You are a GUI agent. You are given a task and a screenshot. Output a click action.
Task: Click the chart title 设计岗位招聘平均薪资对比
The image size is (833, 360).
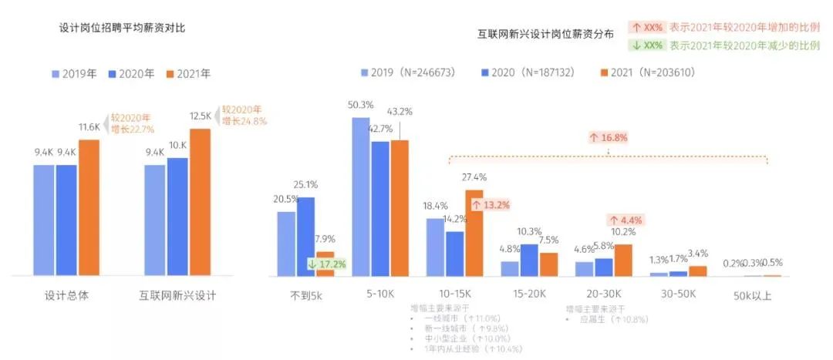(122, 28)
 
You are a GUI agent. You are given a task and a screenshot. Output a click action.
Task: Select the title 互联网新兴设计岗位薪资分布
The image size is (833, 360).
(546, 33)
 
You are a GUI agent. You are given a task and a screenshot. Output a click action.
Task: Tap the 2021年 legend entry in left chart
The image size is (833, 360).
(187, 74)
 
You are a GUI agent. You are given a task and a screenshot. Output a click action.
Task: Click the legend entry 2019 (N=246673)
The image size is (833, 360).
(408, 72)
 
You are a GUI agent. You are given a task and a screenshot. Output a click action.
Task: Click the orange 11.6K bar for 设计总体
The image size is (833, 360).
(89, 207)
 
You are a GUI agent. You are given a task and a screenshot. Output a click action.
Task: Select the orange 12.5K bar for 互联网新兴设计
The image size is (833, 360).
(200, 201)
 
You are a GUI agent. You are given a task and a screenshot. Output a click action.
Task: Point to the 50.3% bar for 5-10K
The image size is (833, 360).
(361, 197)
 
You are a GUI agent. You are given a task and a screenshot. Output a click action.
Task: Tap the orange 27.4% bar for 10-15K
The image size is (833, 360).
(474, 233)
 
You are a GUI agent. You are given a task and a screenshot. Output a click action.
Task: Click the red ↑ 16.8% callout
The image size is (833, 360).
(608, 137)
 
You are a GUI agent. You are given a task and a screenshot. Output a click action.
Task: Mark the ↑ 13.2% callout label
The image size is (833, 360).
(490, 204)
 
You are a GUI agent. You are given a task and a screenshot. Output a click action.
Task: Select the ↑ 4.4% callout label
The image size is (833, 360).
(626, 220)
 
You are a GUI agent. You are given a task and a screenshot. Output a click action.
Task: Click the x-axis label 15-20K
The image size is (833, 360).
(528, 295)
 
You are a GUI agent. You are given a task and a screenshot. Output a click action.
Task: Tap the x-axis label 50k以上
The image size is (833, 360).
(751, 295)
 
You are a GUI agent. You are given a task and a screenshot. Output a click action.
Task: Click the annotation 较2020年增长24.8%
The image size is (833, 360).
(243, 116)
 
